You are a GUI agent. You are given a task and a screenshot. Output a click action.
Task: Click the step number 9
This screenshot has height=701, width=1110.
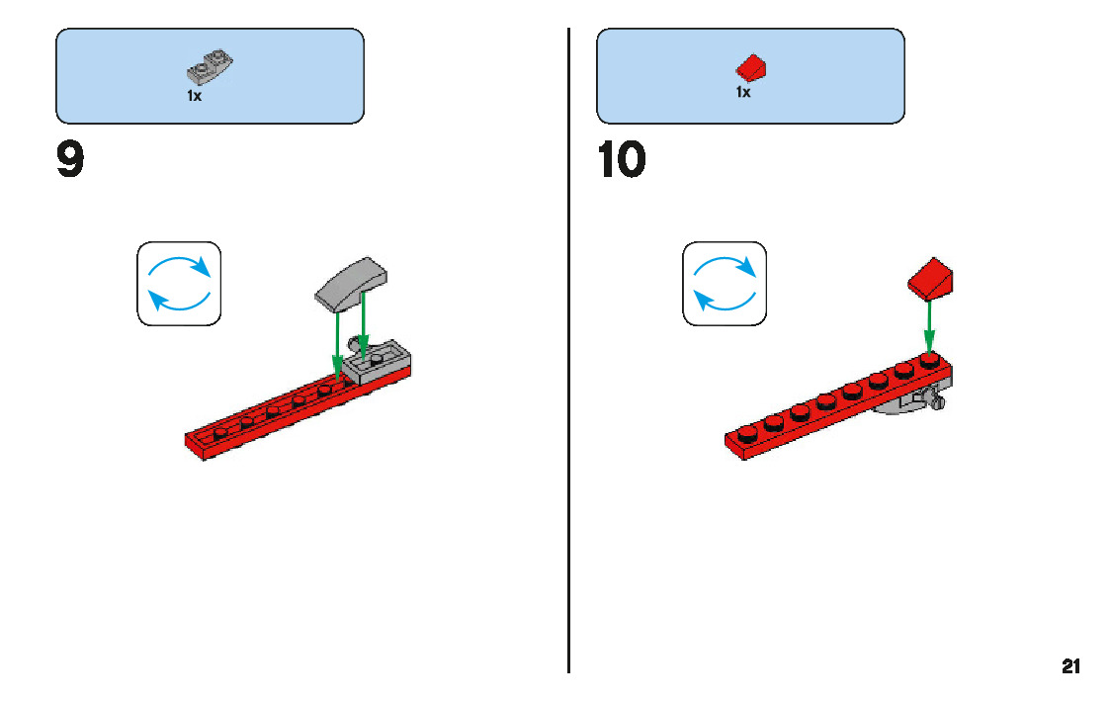70,161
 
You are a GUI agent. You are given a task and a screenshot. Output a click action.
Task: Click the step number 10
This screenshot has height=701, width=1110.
622,161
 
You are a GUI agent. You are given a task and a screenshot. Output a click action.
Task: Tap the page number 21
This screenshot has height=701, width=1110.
1071,666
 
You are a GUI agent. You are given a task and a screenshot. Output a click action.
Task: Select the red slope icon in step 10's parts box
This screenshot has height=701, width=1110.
752,68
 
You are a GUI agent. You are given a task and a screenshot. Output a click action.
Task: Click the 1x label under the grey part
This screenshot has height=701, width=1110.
194,96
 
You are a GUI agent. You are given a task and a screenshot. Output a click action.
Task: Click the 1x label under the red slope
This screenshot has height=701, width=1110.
742,92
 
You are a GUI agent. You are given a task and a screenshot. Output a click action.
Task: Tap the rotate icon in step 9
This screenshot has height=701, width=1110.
179,284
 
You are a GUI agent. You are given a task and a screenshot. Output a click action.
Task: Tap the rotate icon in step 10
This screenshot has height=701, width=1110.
725,283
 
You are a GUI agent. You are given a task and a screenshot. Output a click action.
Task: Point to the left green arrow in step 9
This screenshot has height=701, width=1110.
338,341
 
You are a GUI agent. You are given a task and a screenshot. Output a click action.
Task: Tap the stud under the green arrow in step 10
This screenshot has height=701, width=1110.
929,360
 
